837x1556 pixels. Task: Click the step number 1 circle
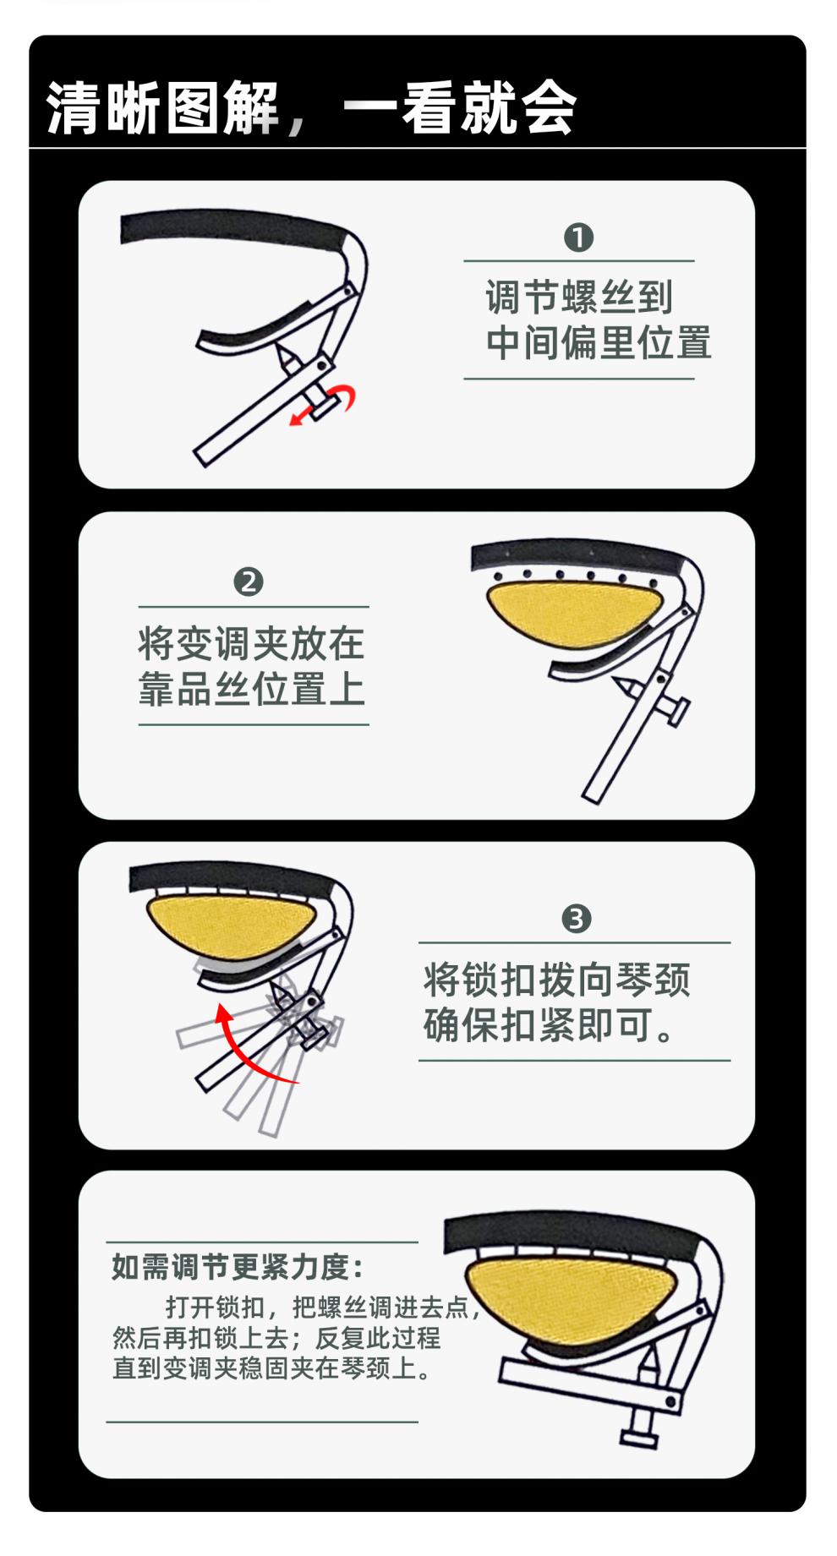click(x=578, y=237)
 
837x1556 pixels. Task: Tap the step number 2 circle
click(x=249, y=582)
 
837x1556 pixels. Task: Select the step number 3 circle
click(x=577, y=918)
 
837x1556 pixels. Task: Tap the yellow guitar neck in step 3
click(x=230, y=926)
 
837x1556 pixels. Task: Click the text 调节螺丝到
click(x=578, y=298)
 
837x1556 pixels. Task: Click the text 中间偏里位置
click(x=599, y=343)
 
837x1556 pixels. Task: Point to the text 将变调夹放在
click(x=251, y=644)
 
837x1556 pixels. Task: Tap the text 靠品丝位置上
click(x=251, y=689)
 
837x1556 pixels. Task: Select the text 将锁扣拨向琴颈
click(x=556, y=980)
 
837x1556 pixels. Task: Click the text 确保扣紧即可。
click(x=548, y=1025)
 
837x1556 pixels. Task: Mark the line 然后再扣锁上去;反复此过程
click(x=276, y=1338)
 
